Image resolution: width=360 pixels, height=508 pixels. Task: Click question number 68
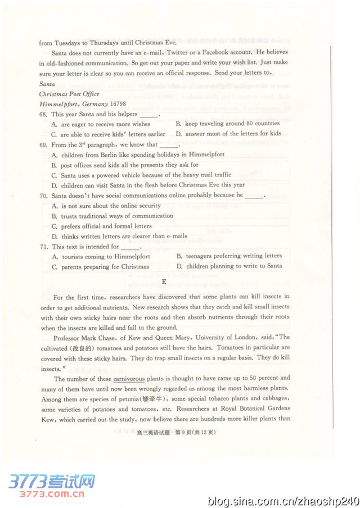(43, 114)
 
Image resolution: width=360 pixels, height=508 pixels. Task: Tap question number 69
(43, 144)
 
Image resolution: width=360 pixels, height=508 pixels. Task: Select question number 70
(43, 196)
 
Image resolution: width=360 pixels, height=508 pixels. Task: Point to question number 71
(43, 247)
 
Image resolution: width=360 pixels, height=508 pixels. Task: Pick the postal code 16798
(115, 104)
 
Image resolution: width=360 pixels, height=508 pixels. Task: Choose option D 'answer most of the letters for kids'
(228, 134)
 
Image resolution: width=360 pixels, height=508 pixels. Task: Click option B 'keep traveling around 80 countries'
(228, 124)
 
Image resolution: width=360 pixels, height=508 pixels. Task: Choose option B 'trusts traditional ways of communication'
(112, 216)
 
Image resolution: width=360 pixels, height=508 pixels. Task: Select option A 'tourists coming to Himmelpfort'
(101, 256)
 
